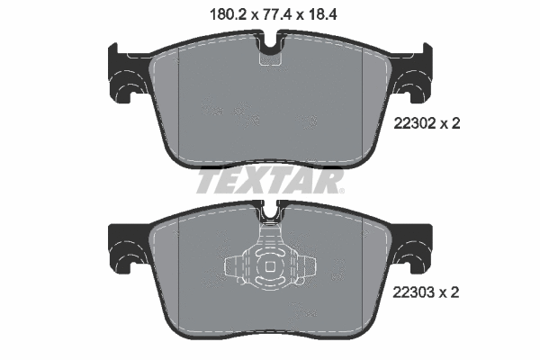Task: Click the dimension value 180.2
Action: click(229, 14)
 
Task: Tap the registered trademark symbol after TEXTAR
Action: click(341, 191)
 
